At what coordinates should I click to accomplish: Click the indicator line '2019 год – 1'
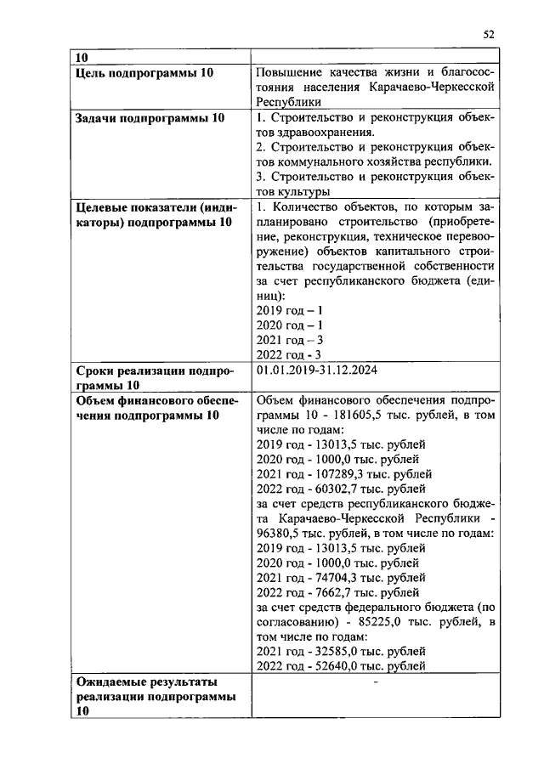tap(289, 309)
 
